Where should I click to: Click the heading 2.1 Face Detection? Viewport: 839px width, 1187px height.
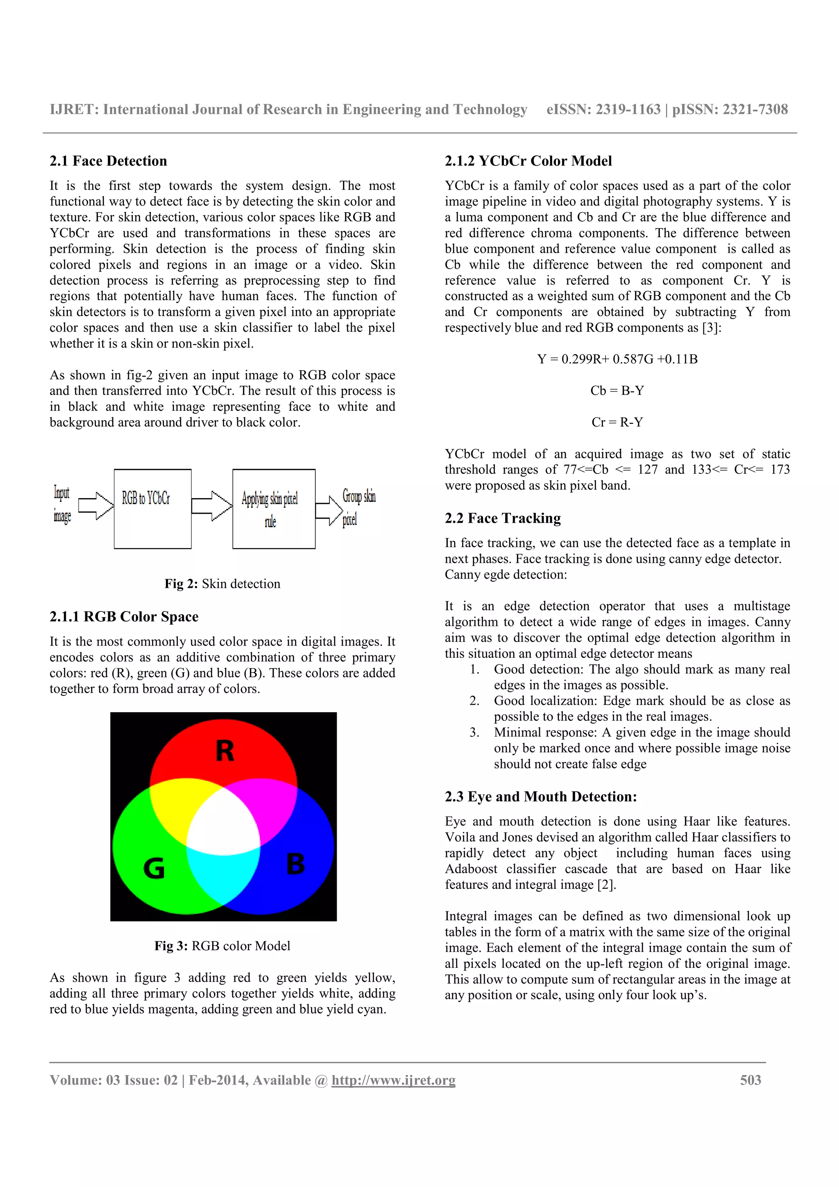pos(108,161)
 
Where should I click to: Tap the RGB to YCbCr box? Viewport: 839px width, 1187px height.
pos(152,509)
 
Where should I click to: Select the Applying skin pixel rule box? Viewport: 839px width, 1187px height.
pos(274,509)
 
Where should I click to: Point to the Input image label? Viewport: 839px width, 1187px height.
pos(61,504)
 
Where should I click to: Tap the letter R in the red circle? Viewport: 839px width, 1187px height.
pos(224,751)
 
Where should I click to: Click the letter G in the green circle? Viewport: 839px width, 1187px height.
pos(154,868)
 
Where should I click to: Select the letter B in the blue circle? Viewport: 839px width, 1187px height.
pos(295,864)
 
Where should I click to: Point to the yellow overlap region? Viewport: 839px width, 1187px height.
pos(176,806)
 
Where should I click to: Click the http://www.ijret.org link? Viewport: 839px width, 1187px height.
pos(393,1080)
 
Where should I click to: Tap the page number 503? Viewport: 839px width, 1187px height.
pos(750,1080)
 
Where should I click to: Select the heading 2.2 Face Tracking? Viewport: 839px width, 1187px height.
pos(503,518)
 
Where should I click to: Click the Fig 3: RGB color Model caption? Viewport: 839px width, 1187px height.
pos(222,946)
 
